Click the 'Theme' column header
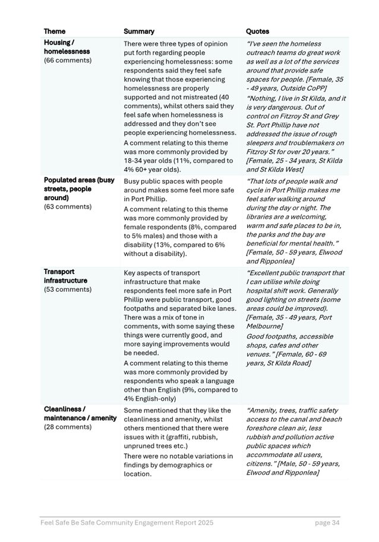tap(55, 31)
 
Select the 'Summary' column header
tap(138, 31)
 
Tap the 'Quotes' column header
tap(257, 31)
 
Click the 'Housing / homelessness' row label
tap(67, 47)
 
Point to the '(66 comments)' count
tap(67, 60)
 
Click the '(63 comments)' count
tap(68, 207)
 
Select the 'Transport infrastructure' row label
tap(65, 276)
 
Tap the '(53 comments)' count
tap(68, 289)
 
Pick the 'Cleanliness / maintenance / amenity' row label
tap(80, 414)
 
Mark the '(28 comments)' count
tap(68, 427)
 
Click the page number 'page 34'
tap(327, 523)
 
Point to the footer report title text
tap(127, 523)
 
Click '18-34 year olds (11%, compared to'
tap(178, 160)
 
